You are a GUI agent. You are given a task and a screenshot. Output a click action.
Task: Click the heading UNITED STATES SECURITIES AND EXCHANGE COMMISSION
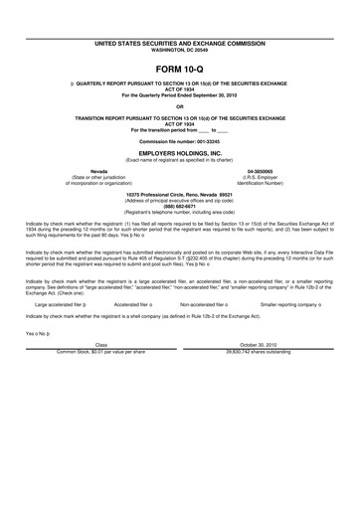coord(180,16)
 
